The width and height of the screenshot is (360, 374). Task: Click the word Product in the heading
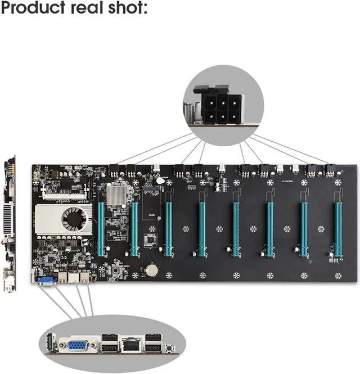click(x=38, y=10)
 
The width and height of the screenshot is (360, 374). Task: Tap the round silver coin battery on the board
click(x=150, y=269)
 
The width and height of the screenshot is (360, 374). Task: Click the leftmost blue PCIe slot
click(x=101, y=229)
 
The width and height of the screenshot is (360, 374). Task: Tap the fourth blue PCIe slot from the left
click(x=202, y=229)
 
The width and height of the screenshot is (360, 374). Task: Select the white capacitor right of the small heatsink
click(x=160, y=180)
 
